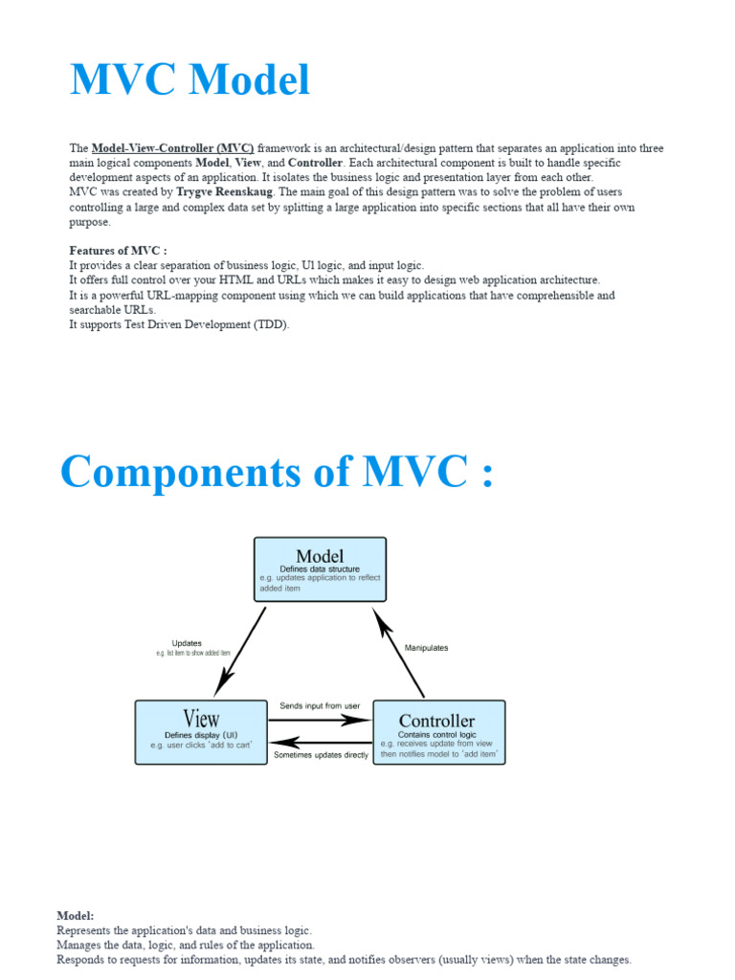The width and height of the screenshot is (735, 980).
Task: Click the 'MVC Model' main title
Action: (x=189, y=79)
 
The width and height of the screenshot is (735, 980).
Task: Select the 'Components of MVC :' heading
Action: (x=278, y=471)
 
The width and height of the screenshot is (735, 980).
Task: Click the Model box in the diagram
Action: (x=320, y=568)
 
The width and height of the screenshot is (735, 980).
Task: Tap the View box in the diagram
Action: (x=201, y=731)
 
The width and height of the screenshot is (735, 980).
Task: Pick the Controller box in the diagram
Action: (x=437, y=731)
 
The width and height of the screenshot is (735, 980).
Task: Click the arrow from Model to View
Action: (x=240, y=651)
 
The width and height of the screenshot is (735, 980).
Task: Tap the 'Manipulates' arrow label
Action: (x=427, y=648)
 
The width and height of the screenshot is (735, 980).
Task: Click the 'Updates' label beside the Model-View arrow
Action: (x=187, y=643)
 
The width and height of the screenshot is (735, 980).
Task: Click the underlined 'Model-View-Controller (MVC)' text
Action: (x=172, y=148)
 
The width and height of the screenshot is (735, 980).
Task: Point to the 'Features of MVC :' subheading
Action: (x=119, y=251)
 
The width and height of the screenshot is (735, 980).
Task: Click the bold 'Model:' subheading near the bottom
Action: (x=76, y=916)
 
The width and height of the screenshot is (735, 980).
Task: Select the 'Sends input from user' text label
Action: (x=320, y=706)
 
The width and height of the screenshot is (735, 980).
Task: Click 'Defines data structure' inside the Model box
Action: (x=320, y=568)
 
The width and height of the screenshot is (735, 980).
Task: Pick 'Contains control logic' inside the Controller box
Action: (x=436, y=734)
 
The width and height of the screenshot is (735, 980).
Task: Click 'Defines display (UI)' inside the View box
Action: (x=201, y=735)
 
